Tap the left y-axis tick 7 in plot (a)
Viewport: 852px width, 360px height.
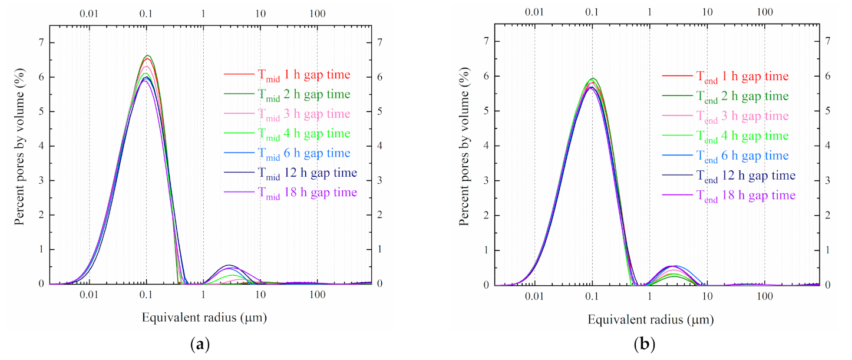[x=41, y=42]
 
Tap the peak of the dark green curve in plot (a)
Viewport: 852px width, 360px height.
[x=148, y=55]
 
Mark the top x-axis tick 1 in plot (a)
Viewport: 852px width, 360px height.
[x=203, y=12]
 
